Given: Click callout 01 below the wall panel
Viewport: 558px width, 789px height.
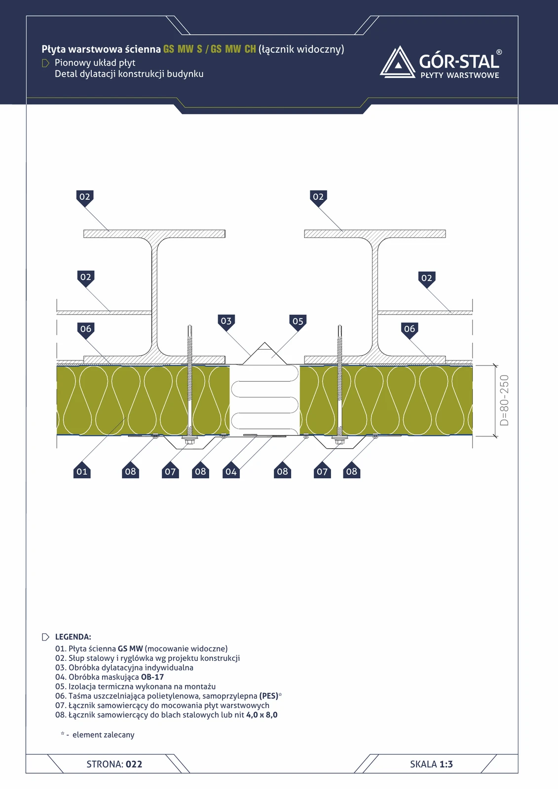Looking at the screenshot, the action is [x=82, y=470].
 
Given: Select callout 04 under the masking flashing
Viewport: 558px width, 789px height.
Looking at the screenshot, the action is [x=231, y=471].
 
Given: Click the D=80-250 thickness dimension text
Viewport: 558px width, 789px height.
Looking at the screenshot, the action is [x=504, y=400].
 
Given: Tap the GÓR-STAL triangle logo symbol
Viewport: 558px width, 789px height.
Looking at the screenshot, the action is [x=398, y=62].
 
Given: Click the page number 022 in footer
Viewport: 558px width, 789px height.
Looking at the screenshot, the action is [x=134, y=764].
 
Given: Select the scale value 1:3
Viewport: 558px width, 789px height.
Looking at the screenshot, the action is [x=446, y=764].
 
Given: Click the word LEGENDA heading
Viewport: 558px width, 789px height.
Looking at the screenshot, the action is [x=73, y=637].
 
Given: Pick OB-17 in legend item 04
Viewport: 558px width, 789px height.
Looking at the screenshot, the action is [x=152, y=677].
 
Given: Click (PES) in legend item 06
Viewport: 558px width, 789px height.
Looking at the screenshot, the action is [x=268, y=696].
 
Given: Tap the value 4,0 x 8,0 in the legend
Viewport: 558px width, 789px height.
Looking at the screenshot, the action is [x=262, y=715].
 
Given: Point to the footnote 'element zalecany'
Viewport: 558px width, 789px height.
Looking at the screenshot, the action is [x=103, y=735].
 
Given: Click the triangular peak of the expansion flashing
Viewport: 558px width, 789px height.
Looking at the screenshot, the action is [x=265, y=343].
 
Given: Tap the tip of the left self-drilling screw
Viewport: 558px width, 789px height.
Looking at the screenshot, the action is [x=189, y=326].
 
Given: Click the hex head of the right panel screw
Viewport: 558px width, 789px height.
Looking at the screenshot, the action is [x=339, y=442].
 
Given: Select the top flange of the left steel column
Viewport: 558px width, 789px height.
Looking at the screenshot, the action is [x=154, y=234].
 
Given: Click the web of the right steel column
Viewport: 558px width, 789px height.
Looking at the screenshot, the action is [x=374, y=296].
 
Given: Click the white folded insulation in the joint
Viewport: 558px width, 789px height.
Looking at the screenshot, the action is [x=264, y=400].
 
